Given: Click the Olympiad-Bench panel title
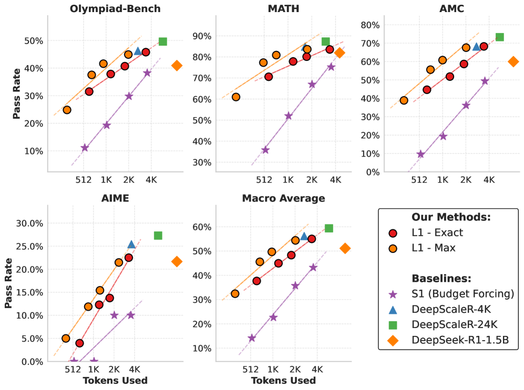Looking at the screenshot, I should [x=115, y=8].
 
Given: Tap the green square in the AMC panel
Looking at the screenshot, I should [x=499, y=37].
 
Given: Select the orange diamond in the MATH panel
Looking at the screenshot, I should [x=340, y=52].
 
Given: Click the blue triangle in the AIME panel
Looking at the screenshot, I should [x=131, y=244].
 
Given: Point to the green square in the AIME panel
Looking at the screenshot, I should [x=158, y=235].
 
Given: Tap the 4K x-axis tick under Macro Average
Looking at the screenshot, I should [x=317, y=369].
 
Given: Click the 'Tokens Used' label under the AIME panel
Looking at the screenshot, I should [x=115, y=381].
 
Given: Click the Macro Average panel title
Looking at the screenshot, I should [x=283, y=198].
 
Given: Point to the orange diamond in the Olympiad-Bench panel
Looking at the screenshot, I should [x=177, y=66].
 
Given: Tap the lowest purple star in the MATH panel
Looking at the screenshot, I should [x=265, y=150].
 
